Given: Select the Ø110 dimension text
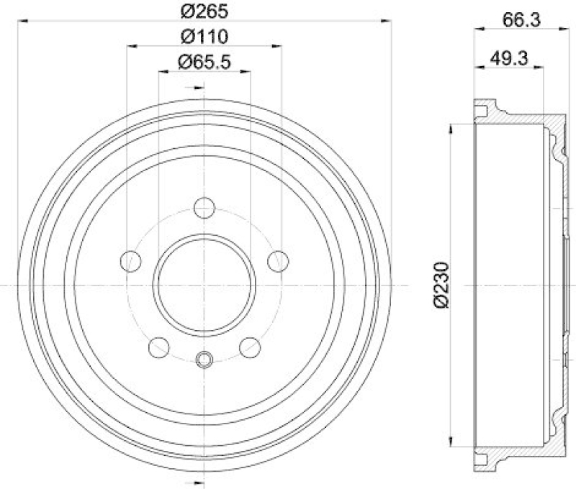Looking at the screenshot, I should pyautogui.click(x=204, y=36).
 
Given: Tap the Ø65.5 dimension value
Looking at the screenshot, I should pyautogui.click(x=204, y=63).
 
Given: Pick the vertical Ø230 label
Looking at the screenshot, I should pyautogui.click(x=442, y=286).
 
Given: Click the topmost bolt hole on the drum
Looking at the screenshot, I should pyautogui.click(x=204, y=209).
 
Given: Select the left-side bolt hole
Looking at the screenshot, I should pyautogui.click(x=130, y=261).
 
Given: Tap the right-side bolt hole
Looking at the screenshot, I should pyautogui.click(x=277, y=261).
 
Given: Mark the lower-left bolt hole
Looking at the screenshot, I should pyautogui.click(x=158, y=347).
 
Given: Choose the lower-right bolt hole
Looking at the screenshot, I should pyautogui.click(x=250, y=347).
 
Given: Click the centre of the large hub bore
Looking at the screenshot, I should pyautogui.click(x=204, y=285).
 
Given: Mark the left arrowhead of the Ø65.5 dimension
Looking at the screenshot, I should pyautogui.click(x=161, y=72).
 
